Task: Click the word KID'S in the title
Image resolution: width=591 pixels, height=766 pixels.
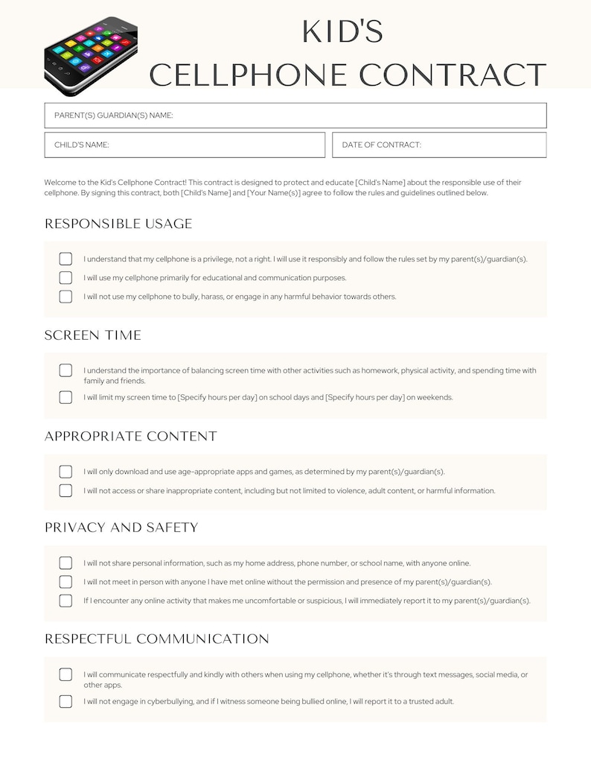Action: pos(342,32)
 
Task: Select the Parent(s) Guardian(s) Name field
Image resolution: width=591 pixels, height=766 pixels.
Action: pos(295,115)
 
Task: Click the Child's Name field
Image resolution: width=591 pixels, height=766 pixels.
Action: pos(185,145)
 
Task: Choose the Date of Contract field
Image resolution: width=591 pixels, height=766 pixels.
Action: pos(439,145)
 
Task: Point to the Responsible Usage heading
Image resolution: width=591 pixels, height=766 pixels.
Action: pos(118,224)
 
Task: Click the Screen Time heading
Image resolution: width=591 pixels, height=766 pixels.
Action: pos(93,335)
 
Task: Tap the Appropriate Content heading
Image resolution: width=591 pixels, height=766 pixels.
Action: pos(131,436)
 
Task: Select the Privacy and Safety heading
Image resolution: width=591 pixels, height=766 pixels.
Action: pos(121,528)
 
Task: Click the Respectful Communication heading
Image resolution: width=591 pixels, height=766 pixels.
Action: pos(157,639)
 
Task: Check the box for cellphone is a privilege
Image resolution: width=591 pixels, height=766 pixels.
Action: pos(66,259)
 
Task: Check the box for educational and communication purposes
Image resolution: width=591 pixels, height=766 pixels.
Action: pos(66,278)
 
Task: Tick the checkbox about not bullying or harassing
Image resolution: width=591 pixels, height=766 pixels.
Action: pos(66,297)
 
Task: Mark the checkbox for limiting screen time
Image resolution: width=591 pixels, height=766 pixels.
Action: pos(66,397)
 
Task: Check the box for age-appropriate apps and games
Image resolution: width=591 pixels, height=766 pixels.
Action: pos(66,472)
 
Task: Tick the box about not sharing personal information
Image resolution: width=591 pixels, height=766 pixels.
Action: pos(66,563)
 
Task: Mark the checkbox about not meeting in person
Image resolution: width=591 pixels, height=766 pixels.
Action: pos(66,582)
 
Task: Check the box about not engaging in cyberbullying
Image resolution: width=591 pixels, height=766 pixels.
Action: pos(66,701)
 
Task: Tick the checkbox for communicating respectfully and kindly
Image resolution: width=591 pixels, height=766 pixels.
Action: pos(66,674)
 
